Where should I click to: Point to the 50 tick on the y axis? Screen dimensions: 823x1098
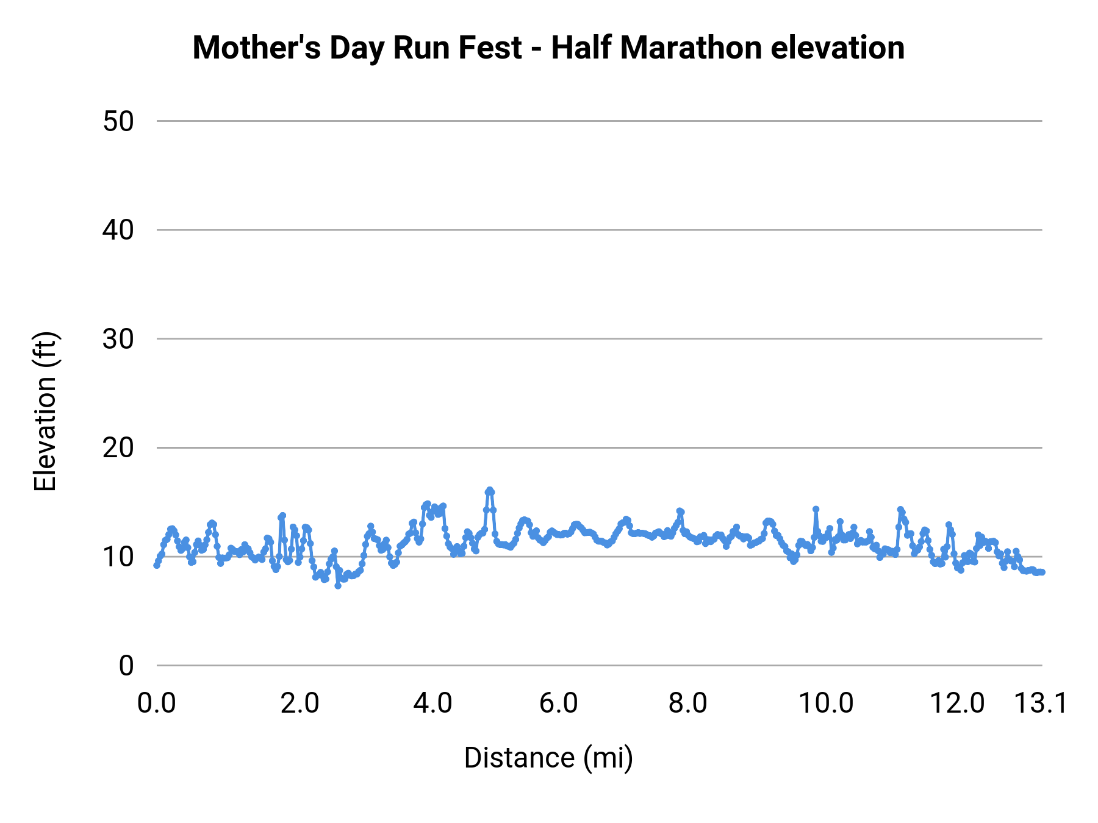point(118,121)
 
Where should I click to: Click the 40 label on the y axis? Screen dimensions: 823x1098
point(118,230)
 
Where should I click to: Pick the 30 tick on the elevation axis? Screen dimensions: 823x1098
point(118,339)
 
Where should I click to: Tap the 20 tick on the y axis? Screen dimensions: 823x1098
point(118,448)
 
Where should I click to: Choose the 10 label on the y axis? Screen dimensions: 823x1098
point(118,557)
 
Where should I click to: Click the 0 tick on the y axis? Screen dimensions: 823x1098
point(126,666)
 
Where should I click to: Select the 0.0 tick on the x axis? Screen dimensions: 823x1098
point(157,703)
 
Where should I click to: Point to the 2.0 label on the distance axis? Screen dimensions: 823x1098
point(300,703)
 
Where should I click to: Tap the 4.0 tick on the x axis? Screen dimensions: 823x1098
point(432,703)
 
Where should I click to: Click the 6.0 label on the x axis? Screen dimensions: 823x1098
point(559,703)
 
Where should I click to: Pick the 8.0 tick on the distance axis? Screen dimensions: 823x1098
point(687,703)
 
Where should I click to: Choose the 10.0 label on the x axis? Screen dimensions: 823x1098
point(826,703)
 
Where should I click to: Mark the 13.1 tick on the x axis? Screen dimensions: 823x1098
point(1041,703)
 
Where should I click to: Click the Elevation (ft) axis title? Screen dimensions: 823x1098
point(45,411)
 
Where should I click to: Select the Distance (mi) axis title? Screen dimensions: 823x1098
point(548,758)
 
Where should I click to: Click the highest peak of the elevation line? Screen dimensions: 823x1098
point(489,491)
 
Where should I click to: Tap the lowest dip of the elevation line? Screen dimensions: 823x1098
point(338,585)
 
